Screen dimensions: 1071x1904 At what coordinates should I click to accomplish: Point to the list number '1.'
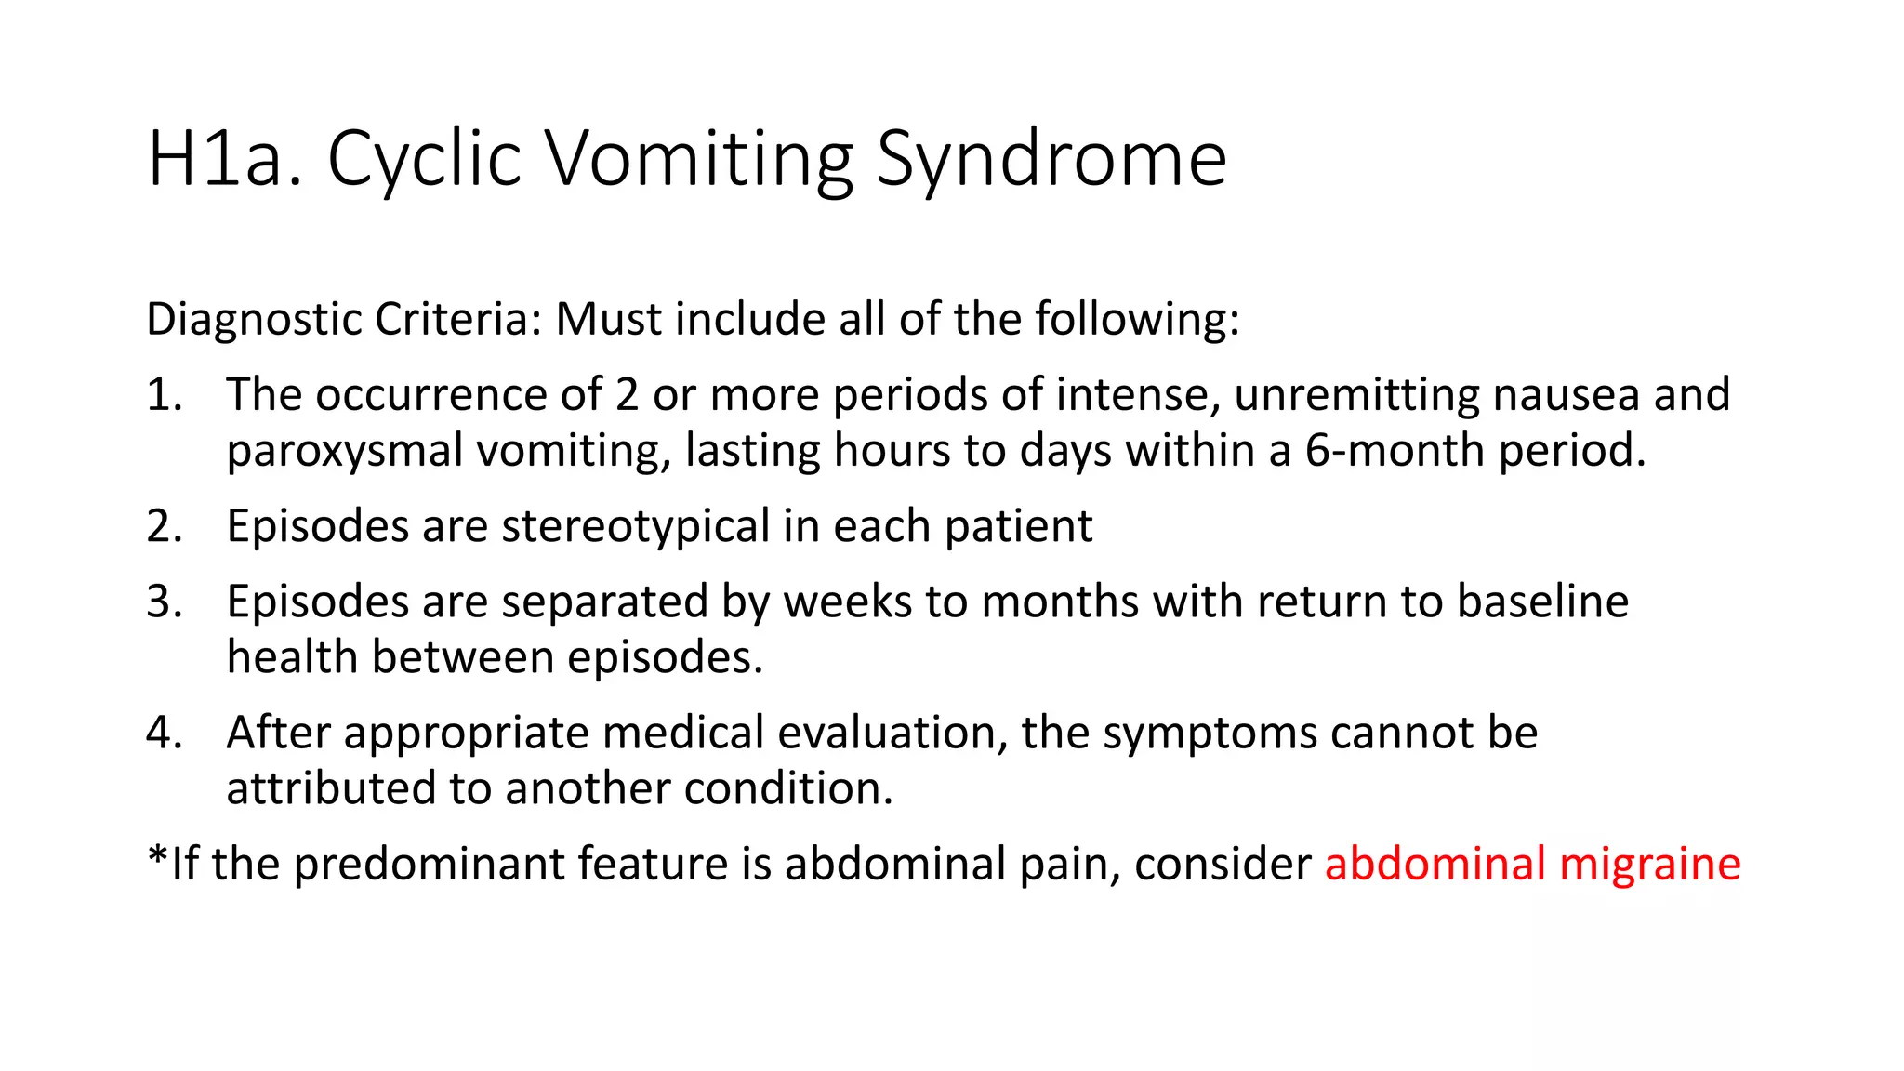tap(164, 394)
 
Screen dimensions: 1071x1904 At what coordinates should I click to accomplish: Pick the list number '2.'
tap(164, 526)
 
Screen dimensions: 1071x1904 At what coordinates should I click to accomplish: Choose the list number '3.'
tap(164, 602)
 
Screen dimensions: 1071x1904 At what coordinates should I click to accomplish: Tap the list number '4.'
tap(164, 733)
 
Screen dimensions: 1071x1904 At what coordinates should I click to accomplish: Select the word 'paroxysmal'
tap(344, 451)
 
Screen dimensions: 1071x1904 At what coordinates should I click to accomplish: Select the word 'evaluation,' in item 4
tap(892, 733)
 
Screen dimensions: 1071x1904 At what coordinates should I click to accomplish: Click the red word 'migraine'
tap(1649, 864)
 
